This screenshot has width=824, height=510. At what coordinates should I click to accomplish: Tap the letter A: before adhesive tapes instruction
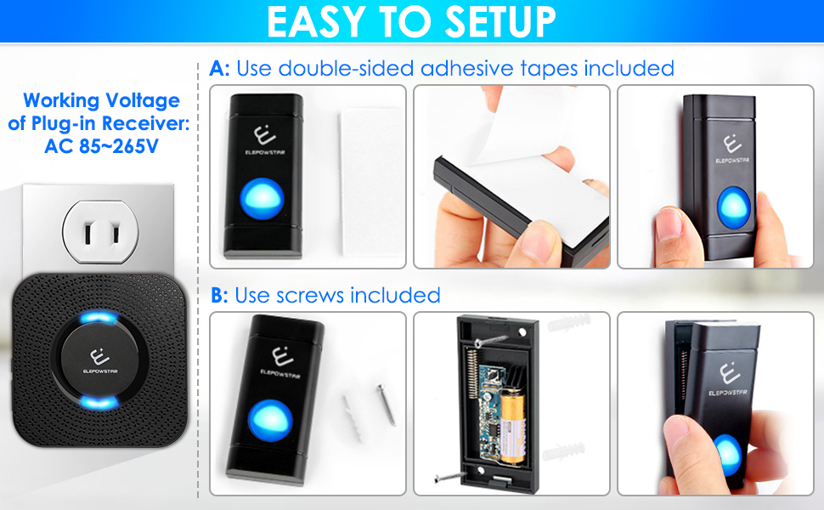click(219, 68)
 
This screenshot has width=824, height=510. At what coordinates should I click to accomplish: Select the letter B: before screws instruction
click(219, 295)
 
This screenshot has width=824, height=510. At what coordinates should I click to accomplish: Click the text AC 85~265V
click(101, 144)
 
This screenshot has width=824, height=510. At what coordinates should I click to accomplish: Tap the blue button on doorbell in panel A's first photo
click(263, 197)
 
